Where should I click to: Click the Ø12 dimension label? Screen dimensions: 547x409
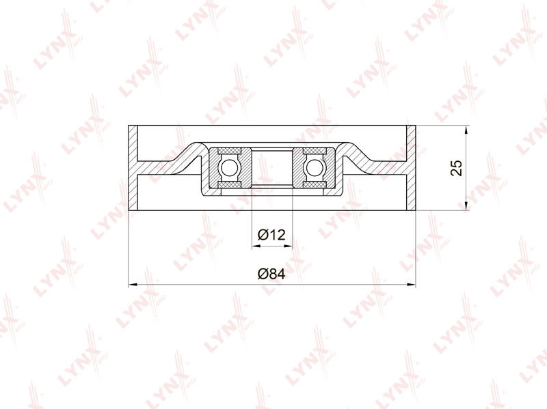coord(271,235)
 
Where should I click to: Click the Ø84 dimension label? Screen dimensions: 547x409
coord(271,274)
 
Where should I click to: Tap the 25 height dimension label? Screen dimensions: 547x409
coord(456,168)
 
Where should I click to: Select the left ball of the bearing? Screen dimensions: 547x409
coord(229,167)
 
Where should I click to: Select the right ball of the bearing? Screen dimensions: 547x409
coord(315,167)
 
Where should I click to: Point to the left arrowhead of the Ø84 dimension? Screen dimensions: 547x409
coord(133,285)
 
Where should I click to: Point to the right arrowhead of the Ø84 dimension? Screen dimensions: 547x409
coord(412,285)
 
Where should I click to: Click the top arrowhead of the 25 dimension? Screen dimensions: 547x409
coord(466,130)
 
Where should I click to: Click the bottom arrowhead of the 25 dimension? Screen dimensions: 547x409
coord(466,206)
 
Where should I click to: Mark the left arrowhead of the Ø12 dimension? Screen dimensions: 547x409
coord(256,246)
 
